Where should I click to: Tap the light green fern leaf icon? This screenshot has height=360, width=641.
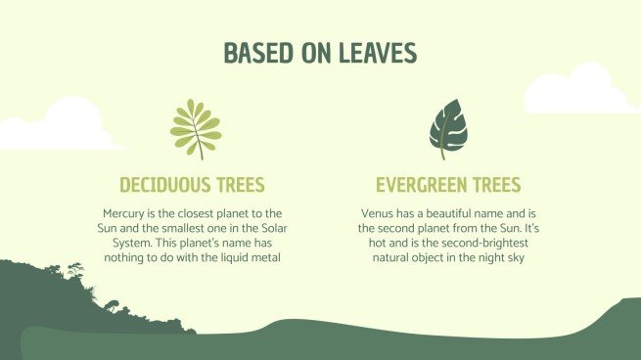pyautogui.click(x=195, y=125)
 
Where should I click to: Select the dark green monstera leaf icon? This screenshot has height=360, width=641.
pyautogui.click(x=447, y=126)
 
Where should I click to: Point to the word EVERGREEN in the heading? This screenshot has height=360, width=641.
pyautogui.click(x=418, y=185)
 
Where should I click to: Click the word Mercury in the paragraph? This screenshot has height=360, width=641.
pyautogui.click(x=124, y=212)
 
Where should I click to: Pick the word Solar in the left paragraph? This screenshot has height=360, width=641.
pyautogui.click(x=265, y=227)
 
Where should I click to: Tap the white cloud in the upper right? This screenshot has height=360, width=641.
pyautogui.click(x=578, y=90)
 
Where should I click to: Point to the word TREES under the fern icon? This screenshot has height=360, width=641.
pyautogui.click(x=236, y=185)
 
